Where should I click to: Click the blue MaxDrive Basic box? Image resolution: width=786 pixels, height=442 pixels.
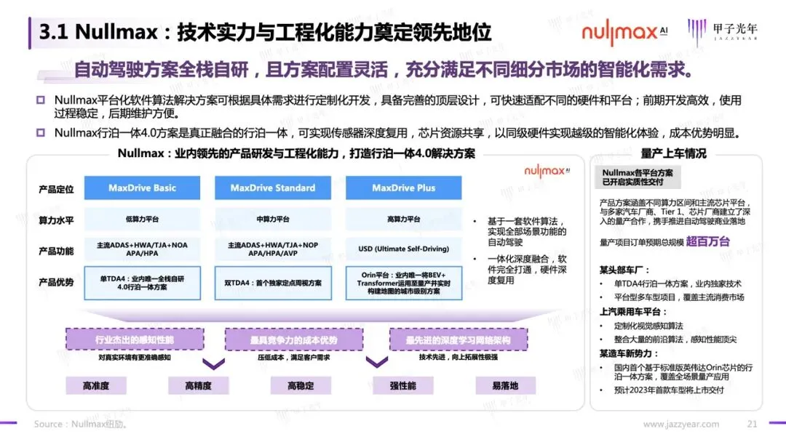point(142,188)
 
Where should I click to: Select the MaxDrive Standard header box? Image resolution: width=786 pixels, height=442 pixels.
point(273,188)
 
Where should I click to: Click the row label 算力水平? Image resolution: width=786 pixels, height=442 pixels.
point(56,220)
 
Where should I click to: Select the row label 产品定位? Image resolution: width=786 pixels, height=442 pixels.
point(56,189)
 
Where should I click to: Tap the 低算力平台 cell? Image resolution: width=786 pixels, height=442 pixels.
point(142,219)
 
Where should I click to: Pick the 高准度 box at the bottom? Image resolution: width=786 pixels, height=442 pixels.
point(96,386)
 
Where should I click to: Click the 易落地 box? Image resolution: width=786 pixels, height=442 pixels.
point(505,386)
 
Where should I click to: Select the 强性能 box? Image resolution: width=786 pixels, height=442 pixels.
point(402,386)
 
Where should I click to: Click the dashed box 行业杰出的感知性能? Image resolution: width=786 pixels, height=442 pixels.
point(135,339)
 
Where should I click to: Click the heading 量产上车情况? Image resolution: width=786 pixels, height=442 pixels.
point(673,154)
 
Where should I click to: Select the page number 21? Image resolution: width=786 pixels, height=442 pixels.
point(753,425)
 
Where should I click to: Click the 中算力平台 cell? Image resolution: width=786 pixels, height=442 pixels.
point(273,219)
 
